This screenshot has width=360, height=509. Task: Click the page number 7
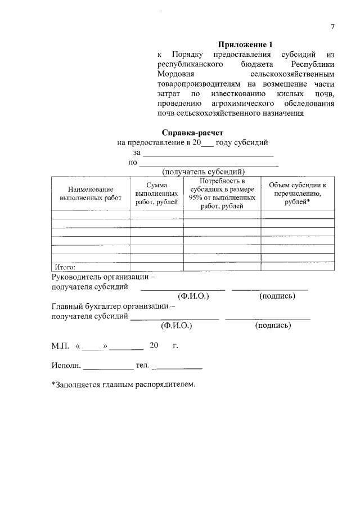click(332, 27)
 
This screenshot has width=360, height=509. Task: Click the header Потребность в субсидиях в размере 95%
click(222, 194)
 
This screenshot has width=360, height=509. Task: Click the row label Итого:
click(65, 267)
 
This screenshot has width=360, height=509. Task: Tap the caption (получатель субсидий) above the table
click(203, 172)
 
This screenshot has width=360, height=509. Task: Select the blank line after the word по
click(209, 164)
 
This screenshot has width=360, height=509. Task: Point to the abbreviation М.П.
click(60, 345)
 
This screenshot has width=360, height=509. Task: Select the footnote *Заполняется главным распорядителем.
click(123, 385)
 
